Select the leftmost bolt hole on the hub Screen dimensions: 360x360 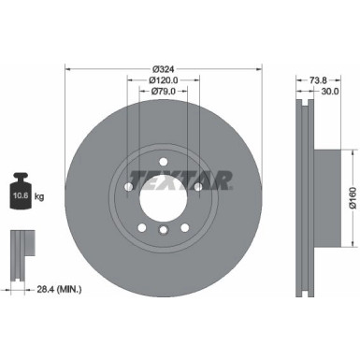tap(126, 187)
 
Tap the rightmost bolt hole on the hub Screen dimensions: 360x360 tap(198, 187)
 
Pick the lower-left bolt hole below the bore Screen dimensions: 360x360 tap(139, 224)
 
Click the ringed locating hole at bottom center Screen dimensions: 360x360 tap(162, 231)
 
